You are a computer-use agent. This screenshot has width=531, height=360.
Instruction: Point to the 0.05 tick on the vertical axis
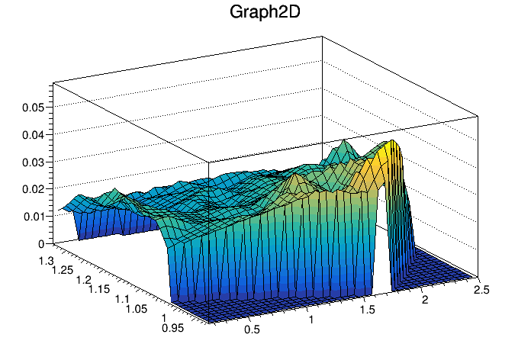point(32,108)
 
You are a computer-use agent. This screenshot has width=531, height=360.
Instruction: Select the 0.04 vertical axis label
point(32,135)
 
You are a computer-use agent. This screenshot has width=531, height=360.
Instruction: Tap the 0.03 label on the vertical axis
point(32,162)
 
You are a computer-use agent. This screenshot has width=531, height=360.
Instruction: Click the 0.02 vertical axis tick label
point(32,190)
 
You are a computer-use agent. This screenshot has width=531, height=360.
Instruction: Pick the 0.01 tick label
point(32,217)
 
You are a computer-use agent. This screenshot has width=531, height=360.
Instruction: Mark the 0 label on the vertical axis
point(40,244)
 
